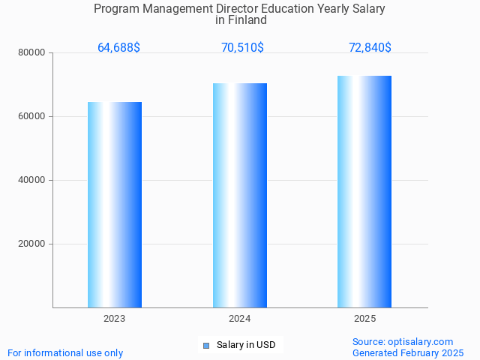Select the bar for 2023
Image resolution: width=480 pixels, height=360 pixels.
coord(115,205)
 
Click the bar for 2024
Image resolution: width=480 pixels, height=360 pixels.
coord(240,195)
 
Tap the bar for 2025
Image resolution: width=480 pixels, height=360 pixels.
coord(364,191)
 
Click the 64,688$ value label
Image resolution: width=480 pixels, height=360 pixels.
coord(118,48)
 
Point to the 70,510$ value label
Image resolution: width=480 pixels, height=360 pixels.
coord(242,48)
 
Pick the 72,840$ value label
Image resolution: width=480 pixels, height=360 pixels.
coord(370,48)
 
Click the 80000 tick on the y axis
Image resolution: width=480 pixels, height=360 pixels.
coord(32,52)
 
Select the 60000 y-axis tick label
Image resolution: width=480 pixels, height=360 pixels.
coord(32,116)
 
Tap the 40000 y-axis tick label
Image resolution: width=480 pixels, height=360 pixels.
coord(32,180)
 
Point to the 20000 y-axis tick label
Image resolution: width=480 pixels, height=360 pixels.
coord(32,244)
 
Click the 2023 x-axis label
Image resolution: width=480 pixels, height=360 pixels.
coord(115,319)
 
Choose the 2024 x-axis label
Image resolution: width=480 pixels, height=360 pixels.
coord(240,319)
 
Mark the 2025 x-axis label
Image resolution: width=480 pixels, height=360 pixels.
coord(364,319)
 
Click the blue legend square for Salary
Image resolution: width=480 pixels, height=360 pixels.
coord(206,346)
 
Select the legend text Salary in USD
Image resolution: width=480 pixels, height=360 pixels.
coord(246,345)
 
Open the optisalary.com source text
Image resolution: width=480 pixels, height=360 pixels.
coord(403,341)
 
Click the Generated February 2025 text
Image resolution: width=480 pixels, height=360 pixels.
coord(408,352)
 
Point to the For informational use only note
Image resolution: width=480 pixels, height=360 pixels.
coord(65,352)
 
